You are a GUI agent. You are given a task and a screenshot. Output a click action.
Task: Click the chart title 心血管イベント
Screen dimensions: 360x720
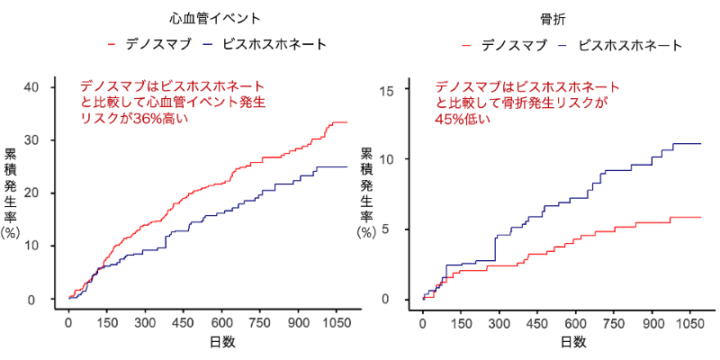pyautogui.click(x=216, y=17)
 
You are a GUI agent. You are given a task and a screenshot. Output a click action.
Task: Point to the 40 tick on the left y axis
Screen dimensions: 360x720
pyautogui.click(x=32, y=86)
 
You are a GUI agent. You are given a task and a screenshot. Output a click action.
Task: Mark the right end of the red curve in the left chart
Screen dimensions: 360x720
pyautogui.click(x=346, y=122)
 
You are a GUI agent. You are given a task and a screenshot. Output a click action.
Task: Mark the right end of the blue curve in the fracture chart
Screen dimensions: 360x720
pyautogui.click(x=700, y=143)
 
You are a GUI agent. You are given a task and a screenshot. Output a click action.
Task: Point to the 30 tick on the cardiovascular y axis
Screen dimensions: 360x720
pyautogui.click(x=32, y=139)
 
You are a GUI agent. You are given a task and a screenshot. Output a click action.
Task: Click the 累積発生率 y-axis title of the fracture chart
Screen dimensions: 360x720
pyautogui.click(x=366, y=193)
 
